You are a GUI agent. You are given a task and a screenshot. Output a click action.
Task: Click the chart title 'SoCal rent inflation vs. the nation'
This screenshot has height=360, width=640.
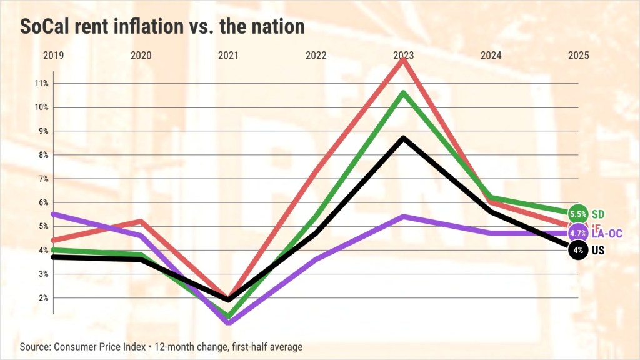click(x=162, y=27)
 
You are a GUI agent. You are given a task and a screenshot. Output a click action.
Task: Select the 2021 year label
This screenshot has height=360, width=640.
click(x=228, y=55)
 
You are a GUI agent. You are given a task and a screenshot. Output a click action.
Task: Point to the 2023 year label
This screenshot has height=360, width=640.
click(x=403, y=55)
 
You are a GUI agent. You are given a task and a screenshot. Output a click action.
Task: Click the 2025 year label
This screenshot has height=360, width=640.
click(x=578, y=55)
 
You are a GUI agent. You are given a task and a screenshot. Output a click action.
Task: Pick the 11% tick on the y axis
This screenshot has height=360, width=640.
click(x=42, y=83)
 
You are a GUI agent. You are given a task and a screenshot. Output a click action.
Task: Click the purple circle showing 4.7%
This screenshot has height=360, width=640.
click(x=578, y=233)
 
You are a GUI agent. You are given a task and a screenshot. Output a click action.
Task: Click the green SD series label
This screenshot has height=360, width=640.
click(x=599, y=214)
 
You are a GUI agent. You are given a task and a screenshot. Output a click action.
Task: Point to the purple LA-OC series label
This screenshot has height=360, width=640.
click(x=606, y=233)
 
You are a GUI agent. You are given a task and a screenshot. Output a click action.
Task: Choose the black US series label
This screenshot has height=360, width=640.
click(x=599, y=251)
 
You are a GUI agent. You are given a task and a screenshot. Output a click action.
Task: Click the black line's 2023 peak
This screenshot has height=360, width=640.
click(x=404, y=137)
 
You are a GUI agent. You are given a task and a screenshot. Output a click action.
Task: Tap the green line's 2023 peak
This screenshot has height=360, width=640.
click(x=404, y=93)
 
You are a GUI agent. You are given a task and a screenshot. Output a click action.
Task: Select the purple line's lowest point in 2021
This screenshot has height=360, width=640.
click(x=228, y=322)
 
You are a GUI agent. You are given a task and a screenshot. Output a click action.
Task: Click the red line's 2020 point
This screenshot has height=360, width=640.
click(x=141, y=221)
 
